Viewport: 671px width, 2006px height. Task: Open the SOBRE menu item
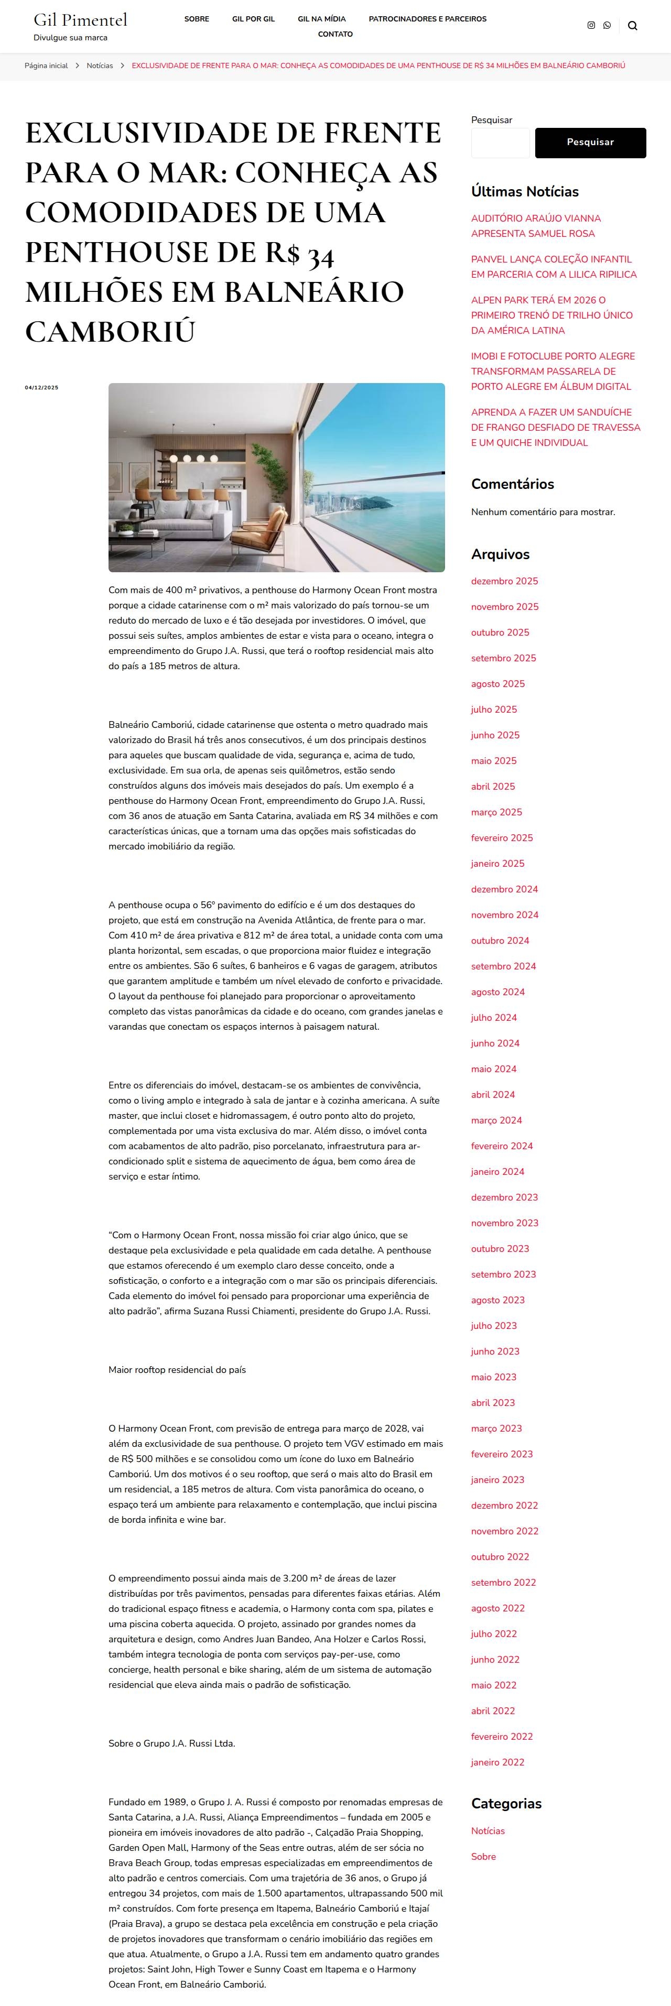click(x=197, y=19)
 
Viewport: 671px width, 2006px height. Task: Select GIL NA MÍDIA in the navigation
click(x=321, y=19)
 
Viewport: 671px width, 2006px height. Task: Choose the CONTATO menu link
click(x=335, y=34)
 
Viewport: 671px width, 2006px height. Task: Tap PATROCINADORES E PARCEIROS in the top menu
click(x=427, y=19)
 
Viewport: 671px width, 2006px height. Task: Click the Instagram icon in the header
click(x=591, y=26)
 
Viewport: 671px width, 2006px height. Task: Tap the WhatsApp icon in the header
click(x=607, y=26)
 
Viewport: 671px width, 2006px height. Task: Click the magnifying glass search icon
click(x=632, y=26)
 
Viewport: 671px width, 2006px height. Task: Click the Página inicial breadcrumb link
click(x=46, y=66)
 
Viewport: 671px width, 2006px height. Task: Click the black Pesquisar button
click(x=590, y=143)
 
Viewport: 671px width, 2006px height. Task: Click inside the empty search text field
click(x=500, y=143)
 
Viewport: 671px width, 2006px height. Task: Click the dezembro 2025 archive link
click(x=504, y=581)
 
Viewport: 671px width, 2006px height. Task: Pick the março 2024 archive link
click(x=496, y=1120)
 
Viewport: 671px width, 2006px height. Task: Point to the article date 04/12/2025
click(x=41, y=388)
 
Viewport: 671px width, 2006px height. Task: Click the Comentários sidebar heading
click(x=512, y=484)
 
